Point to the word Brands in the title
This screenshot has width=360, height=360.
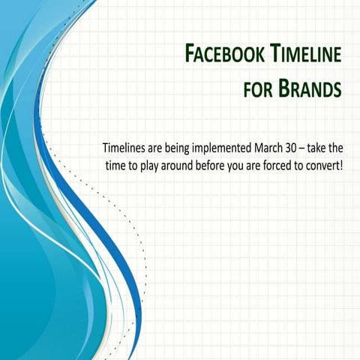[x=310, y=89]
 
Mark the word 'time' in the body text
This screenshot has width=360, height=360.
[x=115, y=163]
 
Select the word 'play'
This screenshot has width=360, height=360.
[x=151, y=164]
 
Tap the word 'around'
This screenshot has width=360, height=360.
[x=181, y=163]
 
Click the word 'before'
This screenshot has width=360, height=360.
[x=218, y=163]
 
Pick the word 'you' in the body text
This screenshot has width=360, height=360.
[x=247, y=164]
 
